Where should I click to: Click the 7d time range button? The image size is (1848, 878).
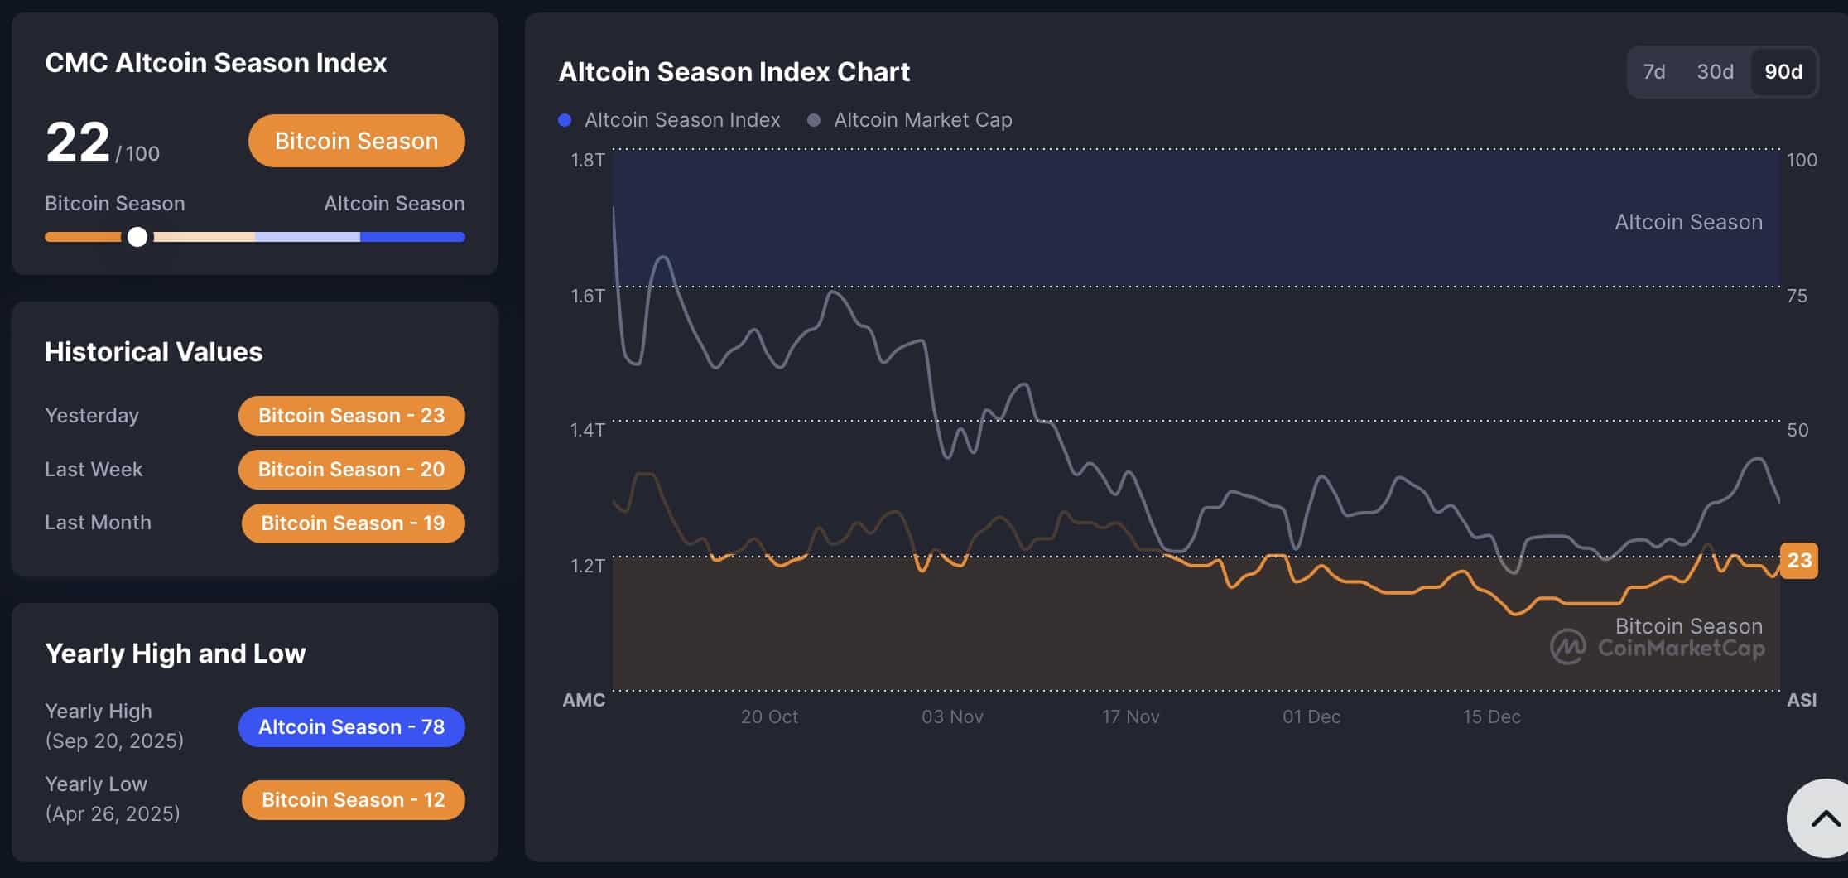[x=1653, y=72]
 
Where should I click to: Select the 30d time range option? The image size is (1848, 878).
[x=1715, y=72]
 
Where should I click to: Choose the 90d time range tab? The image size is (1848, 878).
[x=1783, y=72]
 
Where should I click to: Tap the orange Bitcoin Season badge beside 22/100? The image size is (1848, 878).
[x=356, y=141]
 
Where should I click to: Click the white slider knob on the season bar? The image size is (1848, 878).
[x=137, y=237]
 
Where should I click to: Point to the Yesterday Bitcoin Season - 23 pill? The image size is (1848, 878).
[x=351, y=416]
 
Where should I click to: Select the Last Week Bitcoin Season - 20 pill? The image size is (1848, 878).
[x=351, y=470]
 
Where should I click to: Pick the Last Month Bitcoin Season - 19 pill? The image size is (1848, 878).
[x=353, y=523]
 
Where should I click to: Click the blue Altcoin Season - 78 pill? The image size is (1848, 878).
[x=351, y=727]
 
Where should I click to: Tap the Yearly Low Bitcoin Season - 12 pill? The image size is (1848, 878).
[x=353, y=800]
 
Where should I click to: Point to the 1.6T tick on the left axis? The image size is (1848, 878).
[x=587, y=296]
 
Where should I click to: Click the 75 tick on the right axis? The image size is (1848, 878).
[x=1797, y=296]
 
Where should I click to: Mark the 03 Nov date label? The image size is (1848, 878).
[x=952, y=716]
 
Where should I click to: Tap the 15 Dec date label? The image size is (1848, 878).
[x=1491, y=716]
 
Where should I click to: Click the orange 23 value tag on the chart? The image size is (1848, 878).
[x=1798, y=561]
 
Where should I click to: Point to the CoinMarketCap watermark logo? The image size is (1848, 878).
[x=1567, y=647]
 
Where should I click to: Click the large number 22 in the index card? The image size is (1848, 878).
[x=78, y=142]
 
